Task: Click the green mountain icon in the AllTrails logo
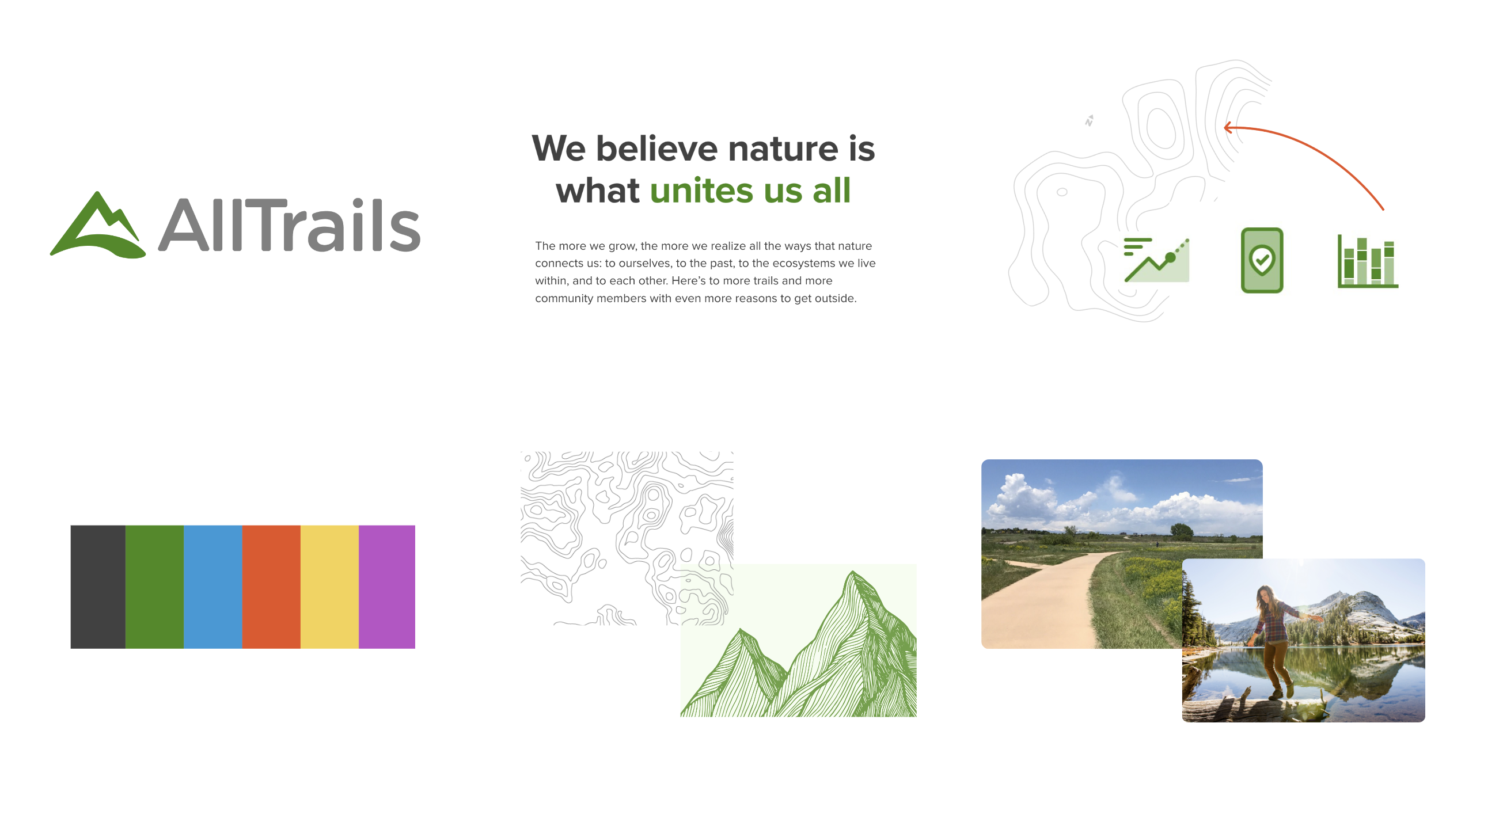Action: pos(97,227)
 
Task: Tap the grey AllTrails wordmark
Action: pos(290,225)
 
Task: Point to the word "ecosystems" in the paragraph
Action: pos(803,263)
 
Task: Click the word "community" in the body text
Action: pos(564,299)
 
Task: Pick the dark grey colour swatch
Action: pos(98,587)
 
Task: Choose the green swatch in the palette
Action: pos(154,587)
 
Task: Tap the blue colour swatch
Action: pos(213,587)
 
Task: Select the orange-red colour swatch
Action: pos(271,587)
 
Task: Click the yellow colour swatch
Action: pos(329,587)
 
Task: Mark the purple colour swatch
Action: pos(387,587)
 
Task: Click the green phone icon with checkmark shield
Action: pos(1262,260)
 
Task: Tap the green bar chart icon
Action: pos(1368,261)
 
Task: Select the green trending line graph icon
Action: pos(1156,260)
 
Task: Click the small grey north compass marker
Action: pos(1090,121)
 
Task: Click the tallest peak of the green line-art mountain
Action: pos(853,573)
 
